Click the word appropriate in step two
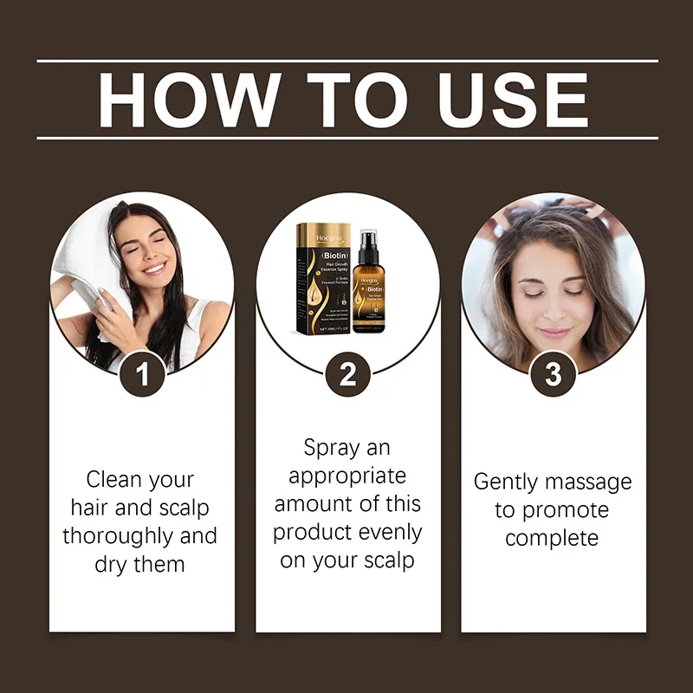(x=347, y=476)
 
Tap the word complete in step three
(x=553, y=538)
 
